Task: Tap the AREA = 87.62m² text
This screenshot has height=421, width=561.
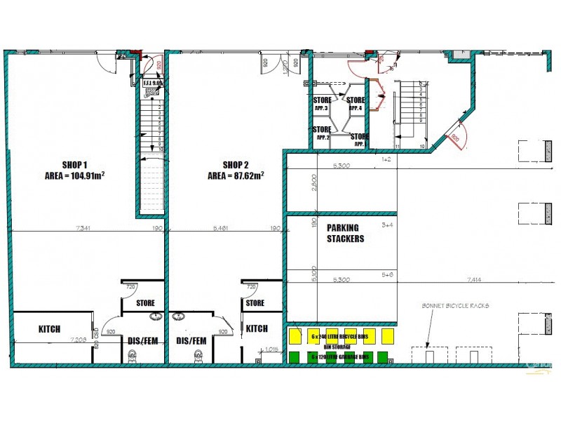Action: pos(236,176)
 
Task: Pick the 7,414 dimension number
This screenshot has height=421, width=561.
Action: pos(472,279)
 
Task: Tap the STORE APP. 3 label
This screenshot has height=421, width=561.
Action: pos(322,104)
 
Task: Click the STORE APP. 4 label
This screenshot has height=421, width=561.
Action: pos(356,104)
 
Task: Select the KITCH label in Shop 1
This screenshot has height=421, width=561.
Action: pos(49,328)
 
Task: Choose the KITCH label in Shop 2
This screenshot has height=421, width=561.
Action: pos(257,328)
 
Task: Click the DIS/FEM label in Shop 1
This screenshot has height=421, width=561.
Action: pos(142,341)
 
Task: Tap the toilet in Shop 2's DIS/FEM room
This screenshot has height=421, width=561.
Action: pos(198,356)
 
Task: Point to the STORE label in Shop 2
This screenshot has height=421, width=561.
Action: pos(255,303)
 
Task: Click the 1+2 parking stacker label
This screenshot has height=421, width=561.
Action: pos(386,160)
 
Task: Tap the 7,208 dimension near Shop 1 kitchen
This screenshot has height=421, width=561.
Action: pos(79,340)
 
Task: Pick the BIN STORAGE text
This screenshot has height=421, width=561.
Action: pos(337,347)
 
